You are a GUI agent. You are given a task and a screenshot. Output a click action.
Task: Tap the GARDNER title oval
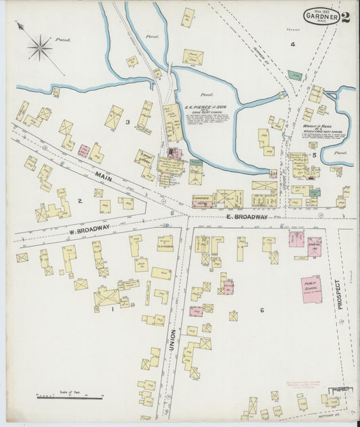321,16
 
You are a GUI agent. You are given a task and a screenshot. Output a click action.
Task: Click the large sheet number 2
346,16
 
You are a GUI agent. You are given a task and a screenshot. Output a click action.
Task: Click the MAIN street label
103,178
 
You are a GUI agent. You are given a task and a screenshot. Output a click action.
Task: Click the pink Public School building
311,288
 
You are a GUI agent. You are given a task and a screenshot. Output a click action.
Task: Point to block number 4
292,45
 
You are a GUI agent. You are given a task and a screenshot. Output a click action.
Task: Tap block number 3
126,122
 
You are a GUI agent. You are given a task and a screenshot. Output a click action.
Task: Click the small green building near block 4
294,76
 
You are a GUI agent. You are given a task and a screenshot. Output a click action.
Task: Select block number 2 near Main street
79,201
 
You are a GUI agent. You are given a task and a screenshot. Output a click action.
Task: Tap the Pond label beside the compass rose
63,40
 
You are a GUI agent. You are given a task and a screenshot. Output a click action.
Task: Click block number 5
314,155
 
